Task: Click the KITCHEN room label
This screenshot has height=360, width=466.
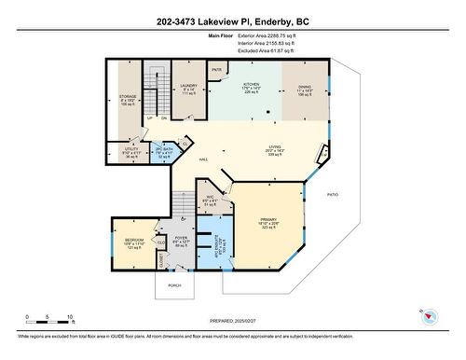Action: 252,84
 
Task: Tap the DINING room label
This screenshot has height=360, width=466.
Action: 305,84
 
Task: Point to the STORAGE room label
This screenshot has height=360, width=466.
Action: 128,96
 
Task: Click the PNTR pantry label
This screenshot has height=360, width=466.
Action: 216,69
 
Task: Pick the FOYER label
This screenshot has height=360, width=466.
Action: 181,238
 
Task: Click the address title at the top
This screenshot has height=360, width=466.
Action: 232,21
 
